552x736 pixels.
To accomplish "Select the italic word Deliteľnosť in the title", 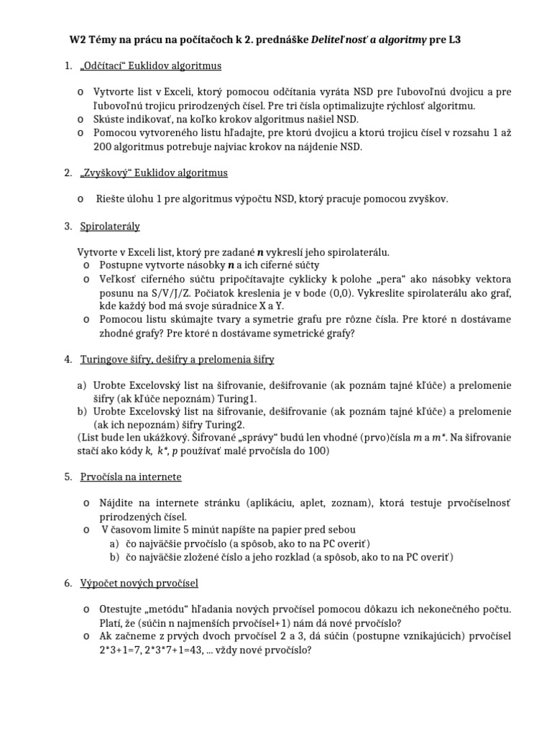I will click(340, 41).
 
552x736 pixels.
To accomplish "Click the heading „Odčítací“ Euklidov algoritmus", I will click(150, 66).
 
